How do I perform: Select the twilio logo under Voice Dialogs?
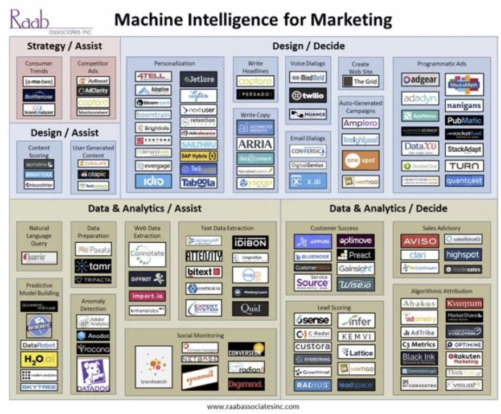point(307,96)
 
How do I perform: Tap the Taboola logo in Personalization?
point(199,183)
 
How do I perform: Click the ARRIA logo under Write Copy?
point(256,144)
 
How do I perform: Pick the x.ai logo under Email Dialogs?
point(307,181)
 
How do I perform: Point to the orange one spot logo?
point(360,161)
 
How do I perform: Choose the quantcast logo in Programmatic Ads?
point(464,180)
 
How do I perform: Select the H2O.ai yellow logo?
point(39,359)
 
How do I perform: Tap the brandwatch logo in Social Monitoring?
point(154,367)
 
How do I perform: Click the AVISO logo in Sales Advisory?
point(420,241)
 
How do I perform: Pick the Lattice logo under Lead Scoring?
point(356,352)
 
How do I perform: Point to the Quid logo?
point(250,309)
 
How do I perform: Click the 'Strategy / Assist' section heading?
point(64,45)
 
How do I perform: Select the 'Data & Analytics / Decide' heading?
point(388,208)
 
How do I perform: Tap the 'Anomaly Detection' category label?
point(93,305)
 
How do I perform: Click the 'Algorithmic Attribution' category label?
point(441,290)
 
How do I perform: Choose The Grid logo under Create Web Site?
point(360,81)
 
